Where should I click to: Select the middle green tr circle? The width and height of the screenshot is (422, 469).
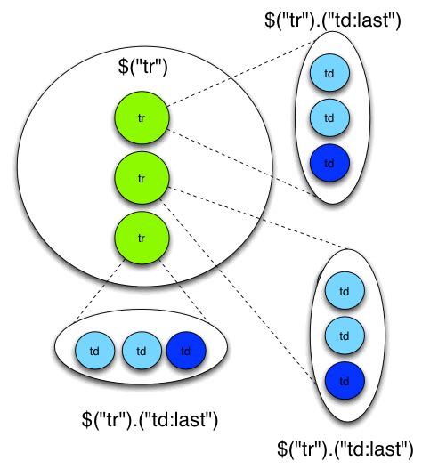142,177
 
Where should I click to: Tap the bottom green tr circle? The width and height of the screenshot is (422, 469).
142,238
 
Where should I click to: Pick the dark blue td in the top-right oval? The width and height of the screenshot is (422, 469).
329,163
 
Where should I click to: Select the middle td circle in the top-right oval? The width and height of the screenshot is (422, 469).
329,117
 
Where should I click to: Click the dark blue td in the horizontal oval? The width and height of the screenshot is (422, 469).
185,350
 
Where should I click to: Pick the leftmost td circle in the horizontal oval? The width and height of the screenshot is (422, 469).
95,350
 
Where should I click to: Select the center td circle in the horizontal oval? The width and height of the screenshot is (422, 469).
140,350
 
